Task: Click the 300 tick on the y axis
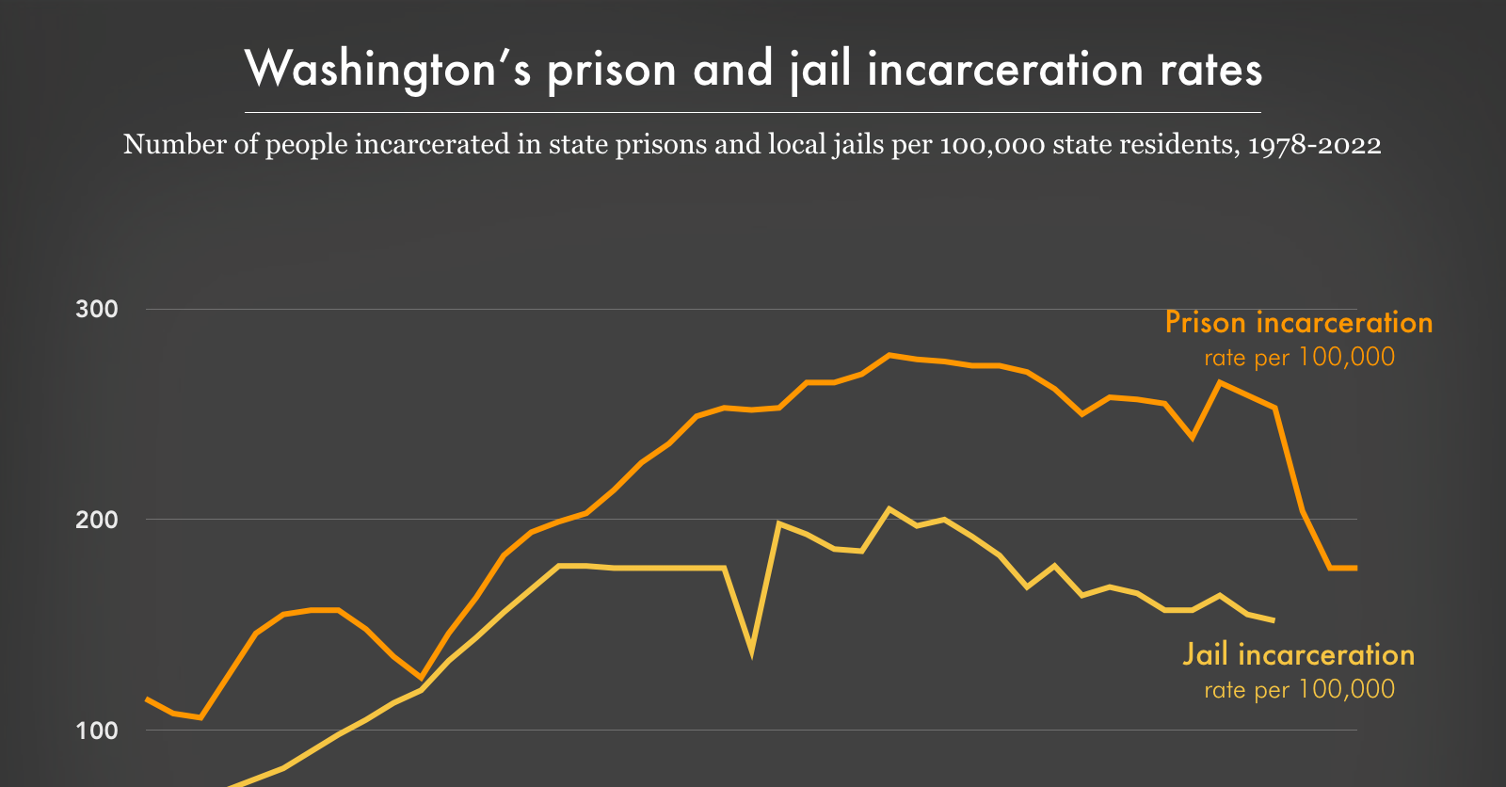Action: tap(97, 310)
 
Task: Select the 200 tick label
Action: tap(97, 520)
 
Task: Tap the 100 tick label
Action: tap(97, 731)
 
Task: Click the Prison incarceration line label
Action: tap(1298, 323)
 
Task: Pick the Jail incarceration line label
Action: tap(1298, 655)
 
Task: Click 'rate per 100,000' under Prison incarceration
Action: tap(1299, 358)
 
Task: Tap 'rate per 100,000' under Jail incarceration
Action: tap(1299, 690)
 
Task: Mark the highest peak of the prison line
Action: tap(889, 355)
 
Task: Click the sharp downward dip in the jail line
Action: tap(751, 650)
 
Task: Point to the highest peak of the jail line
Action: tap(889, 509)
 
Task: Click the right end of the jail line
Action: tap(1274, 620)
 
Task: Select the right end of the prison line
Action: tap(1355, 568)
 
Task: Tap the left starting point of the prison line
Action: tap(147, 699)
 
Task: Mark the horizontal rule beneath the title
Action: tap(753, 112)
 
